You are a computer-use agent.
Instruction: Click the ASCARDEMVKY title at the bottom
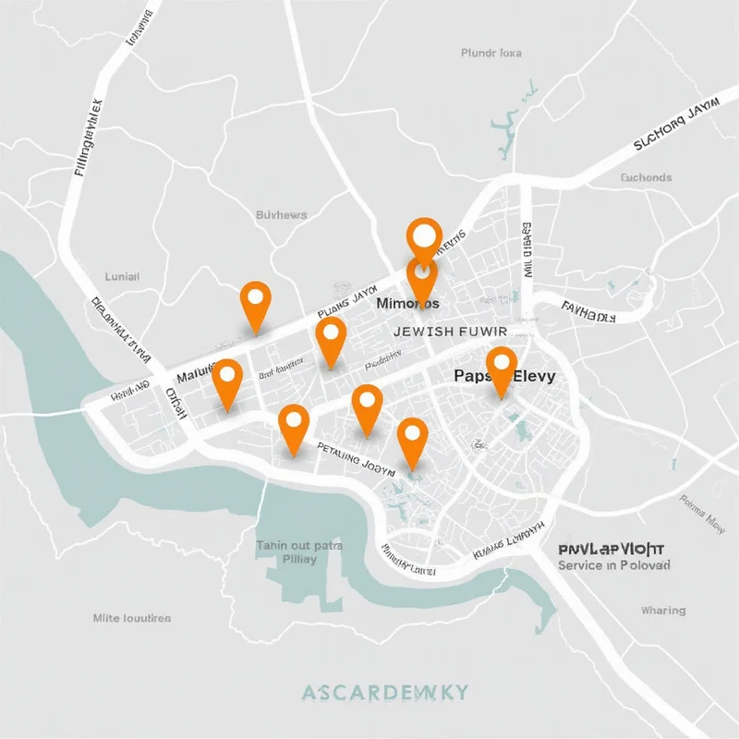click(x=385, y=693)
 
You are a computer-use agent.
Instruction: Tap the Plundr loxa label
click(x=491, y=54)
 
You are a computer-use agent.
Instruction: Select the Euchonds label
click(x=647, y=177)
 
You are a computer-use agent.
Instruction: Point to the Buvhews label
click(x=281, y=215)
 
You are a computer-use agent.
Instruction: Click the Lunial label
click(x=122, y=275)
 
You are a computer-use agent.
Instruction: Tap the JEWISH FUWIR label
click(x=451, y=331)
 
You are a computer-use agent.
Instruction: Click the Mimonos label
click(x=407, y=302)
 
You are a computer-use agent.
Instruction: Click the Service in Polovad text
click(x=614, y=564)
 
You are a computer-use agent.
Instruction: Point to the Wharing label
click(x=663, y=611)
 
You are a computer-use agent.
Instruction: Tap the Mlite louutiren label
click(x=132, y=618)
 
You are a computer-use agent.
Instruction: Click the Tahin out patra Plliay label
click(x=299, y=551)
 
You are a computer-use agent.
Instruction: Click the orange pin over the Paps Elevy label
click(x=501, y=368)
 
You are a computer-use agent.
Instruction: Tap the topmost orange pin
click(x=424, y=236)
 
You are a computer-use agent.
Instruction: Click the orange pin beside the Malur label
click(x=226, y=380)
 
